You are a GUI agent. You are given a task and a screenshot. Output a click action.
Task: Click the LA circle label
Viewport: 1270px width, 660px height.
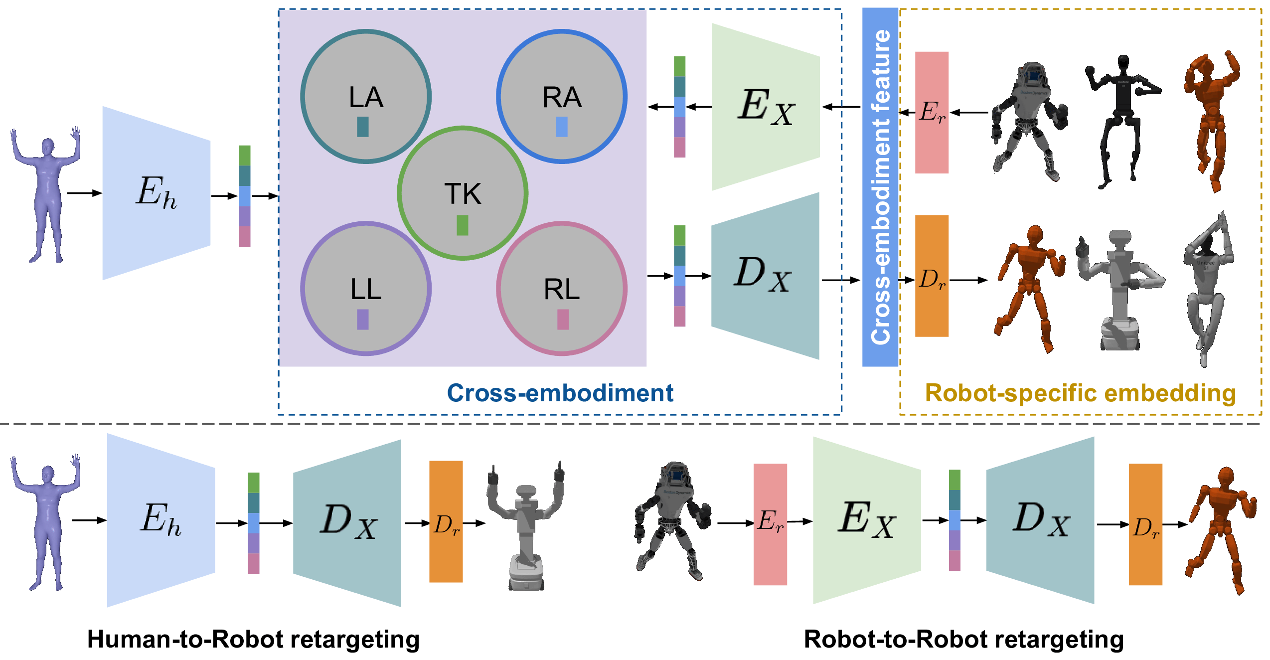(x=366, y=97)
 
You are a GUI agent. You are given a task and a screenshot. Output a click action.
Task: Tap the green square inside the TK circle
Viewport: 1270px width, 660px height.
(x=462, y=225)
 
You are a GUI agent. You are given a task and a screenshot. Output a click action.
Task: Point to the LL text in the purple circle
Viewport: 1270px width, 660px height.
(x=366, y=289)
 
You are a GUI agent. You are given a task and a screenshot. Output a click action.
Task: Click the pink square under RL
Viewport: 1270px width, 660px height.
(x=563, y=320)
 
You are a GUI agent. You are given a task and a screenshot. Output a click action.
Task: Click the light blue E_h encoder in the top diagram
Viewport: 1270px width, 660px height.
(x=156, y=193)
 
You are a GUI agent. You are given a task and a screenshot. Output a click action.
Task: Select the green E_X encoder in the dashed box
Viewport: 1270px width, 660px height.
(x=766, y=107)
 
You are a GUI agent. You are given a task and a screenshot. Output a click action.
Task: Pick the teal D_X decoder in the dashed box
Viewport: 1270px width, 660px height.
(x=765, y=276)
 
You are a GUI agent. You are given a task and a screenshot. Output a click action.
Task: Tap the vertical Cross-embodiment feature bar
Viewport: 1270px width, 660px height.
(x=880, y=187)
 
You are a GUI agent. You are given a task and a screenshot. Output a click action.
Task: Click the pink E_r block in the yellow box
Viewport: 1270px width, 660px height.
(x=932, y=113)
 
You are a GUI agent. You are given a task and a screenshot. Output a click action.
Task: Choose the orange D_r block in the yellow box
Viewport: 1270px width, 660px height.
(x=932, y=276)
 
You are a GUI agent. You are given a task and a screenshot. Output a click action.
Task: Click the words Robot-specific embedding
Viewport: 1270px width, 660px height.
(x=1080, y=393)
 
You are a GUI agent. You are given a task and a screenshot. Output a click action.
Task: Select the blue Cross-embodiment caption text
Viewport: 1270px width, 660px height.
(x=560, y=393)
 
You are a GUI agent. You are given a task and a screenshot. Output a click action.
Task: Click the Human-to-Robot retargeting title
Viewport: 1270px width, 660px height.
(x=253, y=639)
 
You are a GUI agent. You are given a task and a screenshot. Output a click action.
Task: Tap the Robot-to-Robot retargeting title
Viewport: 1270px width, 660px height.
(x=963, y=639)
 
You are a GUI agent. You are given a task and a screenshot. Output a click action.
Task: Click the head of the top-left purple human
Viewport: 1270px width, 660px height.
(x=48, y=146)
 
